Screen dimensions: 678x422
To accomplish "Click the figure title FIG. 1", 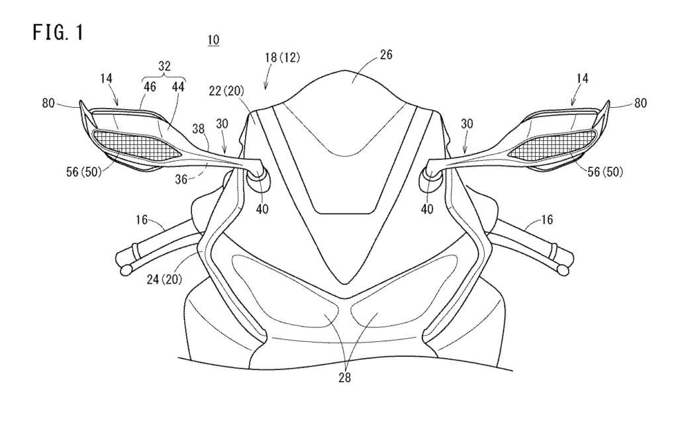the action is (58, 33).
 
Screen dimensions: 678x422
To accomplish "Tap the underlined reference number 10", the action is (214, 40).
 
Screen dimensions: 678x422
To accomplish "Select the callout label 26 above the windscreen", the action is (386, 55).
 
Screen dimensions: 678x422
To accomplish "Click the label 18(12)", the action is (283, 58).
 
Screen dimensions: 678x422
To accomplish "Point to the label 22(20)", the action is (226, 91).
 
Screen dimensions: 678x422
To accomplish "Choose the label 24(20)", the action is (164, 280).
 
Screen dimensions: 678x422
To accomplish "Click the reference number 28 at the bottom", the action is (344, 377).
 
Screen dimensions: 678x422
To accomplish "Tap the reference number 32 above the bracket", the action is (165, 66).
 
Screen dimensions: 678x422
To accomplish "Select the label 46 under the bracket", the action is (150, 87).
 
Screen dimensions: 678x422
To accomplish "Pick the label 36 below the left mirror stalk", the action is (181, 179).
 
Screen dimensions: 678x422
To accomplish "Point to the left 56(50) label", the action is (83, 172).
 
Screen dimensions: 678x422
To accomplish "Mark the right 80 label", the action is (641, 103).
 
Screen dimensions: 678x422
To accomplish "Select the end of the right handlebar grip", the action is (563, 271).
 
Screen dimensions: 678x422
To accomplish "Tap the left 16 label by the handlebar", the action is (142, 220).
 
